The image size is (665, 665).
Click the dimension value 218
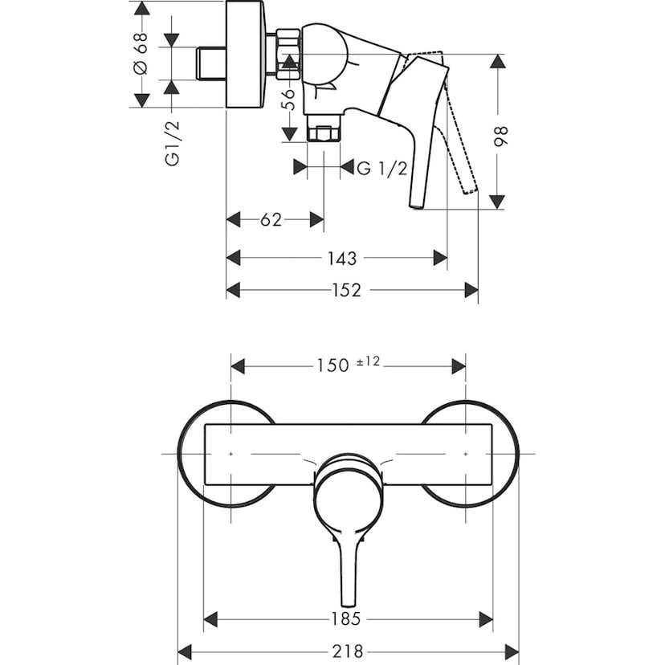point(348,651)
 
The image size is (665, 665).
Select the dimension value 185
point(348,618)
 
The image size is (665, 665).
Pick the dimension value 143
point(342,258)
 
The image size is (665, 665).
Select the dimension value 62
point(271,219)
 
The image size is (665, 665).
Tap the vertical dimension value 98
point(503,134)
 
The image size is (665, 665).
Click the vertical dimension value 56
point(289,98)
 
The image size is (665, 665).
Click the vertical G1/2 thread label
point(171,143)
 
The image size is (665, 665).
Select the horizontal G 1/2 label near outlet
point(383,168)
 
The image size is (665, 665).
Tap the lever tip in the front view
point(347,598)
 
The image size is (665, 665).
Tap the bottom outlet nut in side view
point(323,134)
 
